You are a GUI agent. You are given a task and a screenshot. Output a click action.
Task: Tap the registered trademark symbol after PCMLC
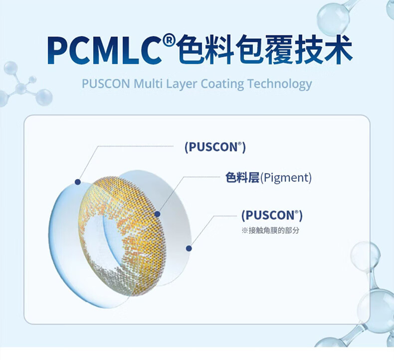click(169, 40)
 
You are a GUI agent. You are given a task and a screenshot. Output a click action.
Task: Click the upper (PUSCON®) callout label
click(215, 147)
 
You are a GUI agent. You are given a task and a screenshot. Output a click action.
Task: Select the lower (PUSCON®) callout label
click(272, 215)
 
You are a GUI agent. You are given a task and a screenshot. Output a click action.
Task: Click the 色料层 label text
click(242, 178)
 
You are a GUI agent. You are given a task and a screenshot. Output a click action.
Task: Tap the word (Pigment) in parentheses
click(286, 178)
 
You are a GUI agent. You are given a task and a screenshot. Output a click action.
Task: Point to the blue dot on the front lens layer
click(78, 182)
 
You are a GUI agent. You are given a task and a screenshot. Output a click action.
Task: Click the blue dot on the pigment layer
click(158, 214)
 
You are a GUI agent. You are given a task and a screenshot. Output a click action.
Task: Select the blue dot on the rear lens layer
click(189, 248)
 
